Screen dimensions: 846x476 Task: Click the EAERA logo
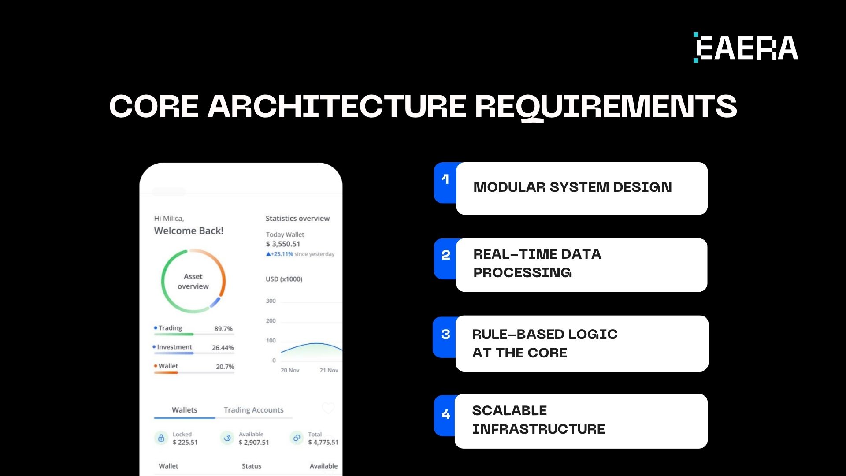tap(746, 48)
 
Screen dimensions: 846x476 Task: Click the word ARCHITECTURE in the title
tap(337, 106)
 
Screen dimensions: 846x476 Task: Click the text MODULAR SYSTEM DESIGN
tap(572, 187)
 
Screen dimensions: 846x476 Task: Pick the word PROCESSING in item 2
tap(523, 273)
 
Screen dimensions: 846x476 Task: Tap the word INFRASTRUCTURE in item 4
tap(538, 429)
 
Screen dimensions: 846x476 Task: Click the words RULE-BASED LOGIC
tap(545, 335)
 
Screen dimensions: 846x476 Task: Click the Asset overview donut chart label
tap(193, 282)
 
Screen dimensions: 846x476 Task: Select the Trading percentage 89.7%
tap(223, 329)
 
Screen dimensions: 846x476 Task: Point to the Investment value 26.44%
tap(223, 348)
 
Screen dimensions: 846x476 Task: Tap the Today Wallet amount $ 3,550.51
tap(283, 244)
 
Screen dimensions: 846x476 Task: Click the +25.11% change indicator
tap(279, 254)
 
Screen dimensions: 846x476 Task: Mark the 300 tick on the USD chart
tap(271, 301)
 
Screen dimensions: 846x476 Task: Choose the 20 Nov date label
tap(290, 371)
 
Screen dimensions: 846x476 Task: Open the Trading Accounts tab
tap(254, 410)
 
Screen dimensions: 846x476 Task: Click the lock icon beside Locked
tap(161, 438)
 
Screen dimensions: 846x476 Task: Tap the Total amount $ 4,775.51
tap(323, 443)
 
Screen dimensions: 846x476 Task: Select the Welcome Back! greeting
tap(189, 231)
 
